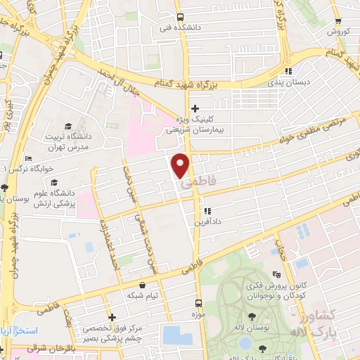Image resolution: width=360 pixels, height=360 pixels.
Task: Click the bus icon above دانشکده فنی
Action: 181,17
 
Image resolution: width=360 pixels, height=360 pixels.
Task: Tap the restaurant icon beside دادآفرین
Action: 207,210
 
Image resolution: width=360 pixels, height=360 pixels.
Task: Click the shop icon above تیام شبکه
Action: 143,285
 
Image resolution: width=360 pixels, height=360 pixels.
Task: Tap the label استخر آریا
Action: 25,330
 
